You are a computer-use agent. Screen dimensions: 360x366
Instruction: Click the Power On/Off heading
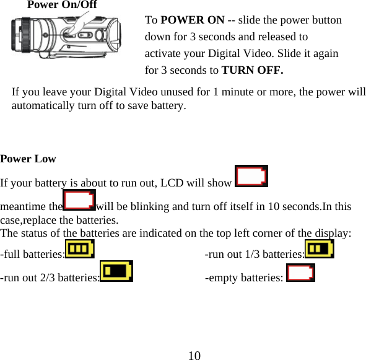coord(62,5)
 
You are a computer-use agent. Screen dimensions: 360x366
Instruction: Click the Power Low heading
coord(28,159)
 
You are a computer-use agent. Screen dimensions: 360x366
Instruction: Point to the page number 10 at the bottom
coord(194,355)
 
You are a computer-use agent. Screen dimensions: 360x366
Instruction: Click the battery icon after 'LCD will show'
coord(251,177)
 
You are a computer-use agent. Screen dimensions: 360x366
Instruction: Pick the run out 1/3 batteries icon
coord(320,250)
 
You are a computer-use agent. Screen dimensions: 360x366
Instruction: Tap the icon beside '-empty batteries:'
coord(301,272)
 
